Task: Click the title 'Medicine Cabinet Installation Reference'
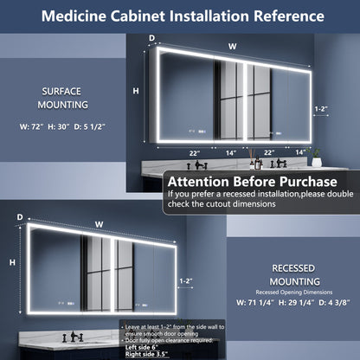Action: [180, 16]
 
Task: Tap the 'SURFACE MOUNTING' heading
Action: [64, 97]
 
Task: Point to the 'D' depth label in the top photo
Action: [152, 39]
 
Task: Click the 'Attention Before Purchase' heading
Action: [252, 182]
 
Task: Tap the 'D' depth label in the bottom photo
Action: [20, 217]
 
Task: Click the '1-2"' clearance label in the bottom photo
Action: [184, 280]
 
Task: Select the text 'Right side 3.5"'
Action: [150, 354]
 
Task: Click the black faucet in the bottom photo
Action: [76, 336]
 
